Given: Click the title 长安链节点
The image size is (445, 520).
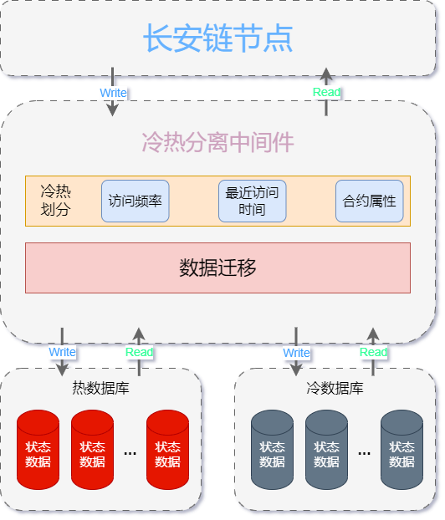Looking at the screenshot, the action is tap(218, 38).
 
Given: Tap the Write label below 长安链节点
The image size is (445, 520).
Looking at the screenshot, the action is tap(113, 93).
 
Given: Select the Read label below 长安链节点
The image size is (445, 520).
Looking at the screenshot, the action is tap(326, 92).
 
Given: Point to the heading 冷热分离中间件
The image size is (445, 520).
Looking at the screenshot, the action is tap(218, 142).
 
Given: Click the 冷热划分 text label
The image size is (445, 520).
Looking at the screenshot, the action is tap(56, 201).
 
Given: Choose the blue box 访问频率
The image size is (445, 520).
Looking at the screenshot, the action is tap(136, 201).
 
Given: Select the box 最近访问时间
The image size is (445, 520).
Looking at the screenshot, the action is tap(253, 201).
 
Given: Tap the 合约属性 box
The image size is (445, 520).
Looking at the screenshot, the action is tap(370, 201).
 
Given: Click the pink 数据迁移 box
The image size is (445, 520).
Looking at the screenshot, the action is tap(218, 268).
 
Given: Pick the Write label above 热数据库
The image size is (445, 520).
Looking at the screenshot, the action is tap(63, 352).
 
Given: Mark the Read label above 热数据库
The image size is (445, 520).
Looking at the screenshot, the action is tap(139, 352).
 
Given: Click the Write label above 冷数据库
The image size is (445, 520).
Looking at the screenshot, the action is tap(296, 353).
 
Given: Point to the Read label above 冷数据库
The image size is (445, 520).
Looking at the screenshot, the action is tap(373, 352).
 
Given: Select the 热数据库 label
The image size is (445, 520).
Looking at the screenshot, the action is tap(101, 388).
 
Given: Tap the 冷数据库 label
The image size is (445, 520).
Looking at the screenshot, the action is tap(335, 388).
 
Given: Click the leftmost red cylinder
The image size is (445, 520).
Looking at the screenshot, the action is tap(38, 450).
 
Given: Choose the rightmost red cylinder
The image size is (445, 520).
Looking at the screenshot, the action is tap(167, 450).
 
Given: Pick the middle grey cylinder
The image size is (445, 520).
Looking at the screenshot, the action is tap(326, 450).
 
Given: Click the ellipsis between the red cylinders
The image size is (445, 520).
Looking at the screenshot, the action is tap(130, 453).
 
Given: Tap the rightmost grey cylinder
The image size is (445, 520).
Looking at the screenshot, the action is tap(402, 450).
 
